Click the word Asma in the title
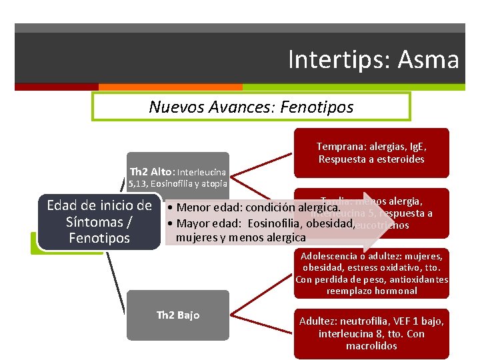(x=429, y=60)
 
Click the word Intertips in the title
(x=340, y=60)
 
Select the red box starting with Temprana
(x=371, y=153)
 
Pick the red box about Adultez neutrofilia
(x=371, y=333)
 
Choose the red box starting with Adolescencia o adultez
(x=371, y=273)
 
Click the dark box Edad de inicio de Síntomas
(x=99, y=221)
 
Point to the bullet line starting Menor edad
(x=254, y=209)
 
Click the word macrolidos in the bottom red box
(x=371, y=346)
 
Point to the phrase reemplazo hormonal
(x=371, y=291)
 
